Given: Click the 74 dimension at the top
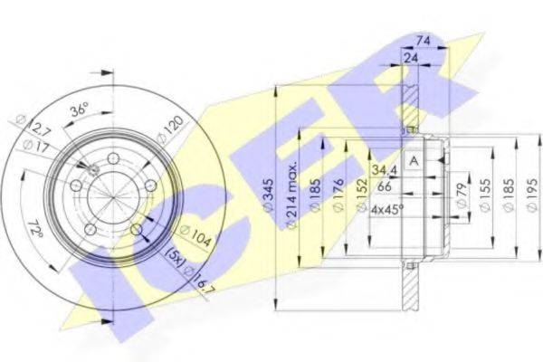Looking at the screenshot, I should (421, 40).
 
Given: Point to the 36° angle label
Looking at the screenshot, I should (80, 110).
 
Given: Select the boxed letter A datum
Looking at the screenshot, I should (414, 160).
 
